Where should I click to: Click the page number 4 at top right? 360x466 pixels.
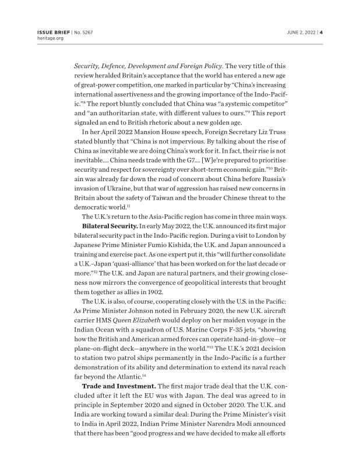click(x=321, y=32)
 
